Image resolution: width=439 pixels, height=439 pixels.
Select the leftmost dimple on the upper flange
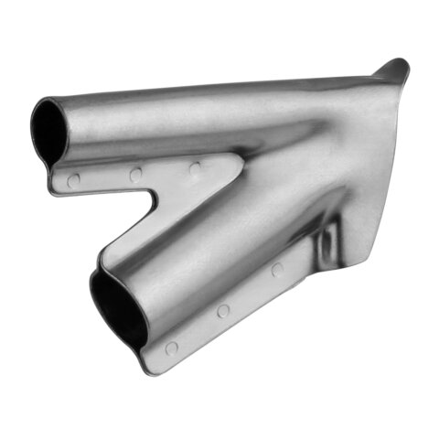[74, 179]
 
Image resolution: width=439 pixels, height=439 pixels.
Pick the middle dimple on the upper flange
[135, 174]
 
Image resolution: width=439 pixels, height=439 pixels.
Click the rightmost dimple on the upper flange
[195, 168]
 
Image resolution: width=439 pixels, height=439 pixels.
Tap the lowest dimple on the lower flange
[171, 348]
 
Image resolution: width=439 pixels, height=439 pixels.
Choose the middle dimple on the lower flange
[223, 311]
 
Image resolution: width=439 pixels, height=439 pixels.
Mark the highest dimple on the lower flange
[277, 270]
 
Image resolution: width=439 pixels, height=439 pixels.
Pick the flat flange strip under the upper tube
[137, 178]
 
